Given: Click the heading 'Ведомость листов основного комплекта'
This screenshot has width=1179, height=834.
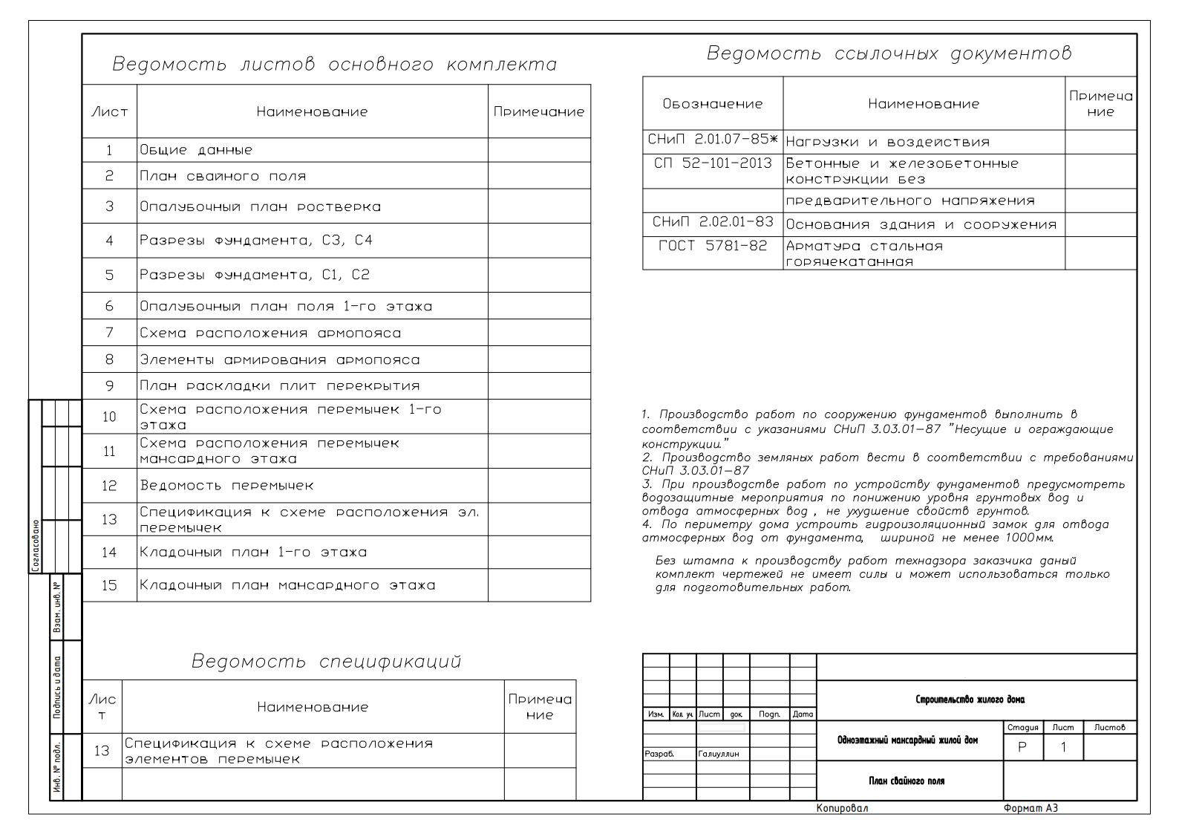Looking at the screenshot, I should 334,65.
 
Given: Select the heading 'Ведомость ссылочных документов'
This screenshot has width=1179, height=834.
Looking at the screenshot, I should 889,53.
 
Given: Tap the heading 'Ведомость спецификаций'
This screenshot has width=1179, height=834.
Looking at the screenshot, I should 326,661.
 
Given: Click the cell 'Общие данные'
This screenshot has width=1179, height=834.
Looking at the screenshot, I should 196,150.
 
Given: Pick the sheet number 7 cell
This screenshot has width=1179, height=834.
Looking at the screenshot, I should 109,333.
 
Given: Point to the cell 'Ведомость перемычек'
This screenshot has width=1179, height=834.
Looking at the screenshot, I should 226,486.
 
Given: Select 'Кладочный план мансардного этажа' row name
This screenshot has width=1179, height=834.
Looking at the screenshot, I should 287,585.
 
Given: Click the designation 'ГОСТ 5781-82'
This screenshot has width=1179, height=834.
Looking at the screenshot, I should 712,246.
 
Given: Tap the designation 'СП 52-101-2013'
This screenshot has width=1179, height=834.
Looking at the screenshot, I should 712,163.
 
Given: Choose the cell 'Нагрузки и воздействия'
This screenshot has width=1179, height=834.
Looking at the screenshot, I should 887,142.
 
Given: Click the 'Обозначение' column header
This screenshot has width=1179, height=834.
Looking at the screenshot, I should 712,104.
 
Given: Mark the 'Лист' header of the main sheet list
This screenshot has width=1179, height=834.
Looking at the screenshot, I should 109,112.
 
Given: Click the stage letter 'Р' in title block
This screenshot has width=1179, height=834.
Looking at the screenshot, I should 1022,748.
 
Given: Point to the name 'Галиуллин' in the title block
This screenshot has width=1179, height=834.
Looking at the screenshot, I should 719,754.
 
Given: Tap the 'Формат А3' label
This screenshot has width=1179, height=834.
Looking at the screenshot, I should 1030,808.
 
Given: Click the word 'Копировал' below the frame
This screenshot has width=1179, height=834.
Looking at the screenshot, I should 841,808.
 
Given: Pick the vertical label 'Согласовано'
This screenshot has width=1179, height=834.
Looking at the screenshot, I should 36,546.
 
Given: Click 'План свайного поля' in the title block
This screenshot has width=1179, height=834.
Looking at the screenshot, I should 907,781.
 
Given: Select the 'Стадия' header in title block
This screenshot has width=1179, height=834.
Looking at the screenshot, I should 1022,728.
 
